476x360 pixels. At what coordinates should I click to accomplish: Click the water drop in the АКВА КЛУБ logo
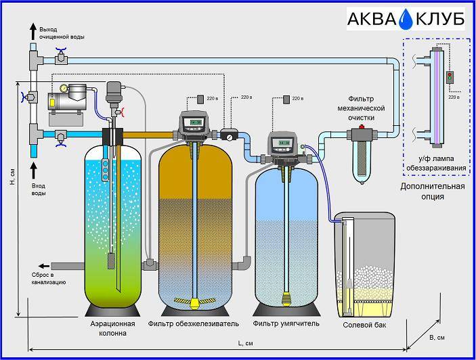pyautogui.click(x=406, y=20)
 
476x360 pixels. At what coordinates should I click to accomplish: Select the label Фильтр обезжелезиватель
pyautogui.click(x=198, y=323)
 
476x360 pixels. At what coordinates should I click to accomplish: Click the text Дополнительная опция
pyautogui.click(x=433, y=191)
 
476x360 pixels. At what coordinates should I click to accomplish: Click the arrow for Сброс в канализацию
pyautogui.click(x=43, y=265)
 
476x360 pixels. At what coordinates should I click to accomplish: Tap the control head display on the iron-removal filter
pyautogui.click(x=196, y=122)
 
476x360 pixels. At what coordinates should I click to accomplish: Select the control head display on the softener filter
pyautogui.click(x=284, y=142)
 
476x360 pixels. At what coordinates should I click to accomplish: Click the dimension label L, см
pyautogui.click(x=245, y=344)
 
